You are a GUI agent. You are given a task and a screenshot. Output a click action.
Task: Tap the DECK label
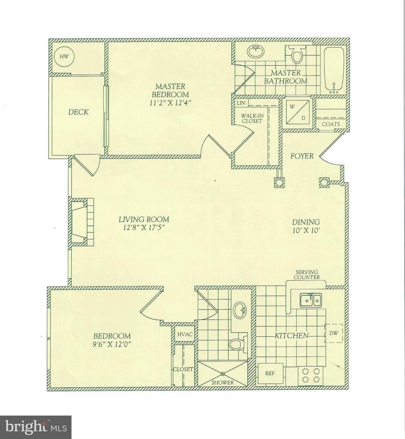[x=78, y=112]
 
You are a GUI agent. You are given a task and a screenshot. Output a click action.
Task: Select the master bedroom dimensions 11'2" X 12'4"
[x=170, y=102]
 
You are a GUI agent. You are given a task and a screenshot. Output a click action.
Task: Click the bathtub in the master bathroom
[x=334, y=70]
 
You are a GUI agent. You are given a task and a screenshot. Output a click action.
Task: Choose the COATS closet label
[x=331, y=124]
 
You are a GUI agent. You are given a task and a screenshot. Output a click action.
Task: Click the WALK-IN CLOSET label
[x=252, y=118]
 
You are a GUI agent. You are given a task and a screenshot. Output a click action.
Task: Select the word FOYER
[x=302, y=156]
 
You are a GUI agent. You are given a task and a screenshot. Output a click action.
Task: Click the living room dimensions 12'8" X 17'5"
[x=144, y=227]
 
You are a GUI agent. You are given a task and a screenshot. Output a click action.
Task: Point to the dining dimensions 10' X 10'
[x=306, y=230]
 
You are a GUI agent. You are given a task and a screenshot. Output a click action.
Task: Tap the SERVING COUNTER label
[x=307, y=275]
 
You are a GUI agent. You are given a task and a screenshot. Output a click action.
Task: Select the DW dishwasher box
[x=333, y=333]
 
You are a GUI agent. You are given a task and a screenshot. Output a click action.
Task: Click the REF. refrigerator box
[x=270, y=374]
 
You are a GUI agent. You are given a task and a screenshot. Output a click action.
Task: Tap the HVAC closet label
[x=185, y=334]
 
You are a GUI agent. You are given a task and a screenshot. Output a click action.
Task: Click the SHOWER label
[x=222, y=382]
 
